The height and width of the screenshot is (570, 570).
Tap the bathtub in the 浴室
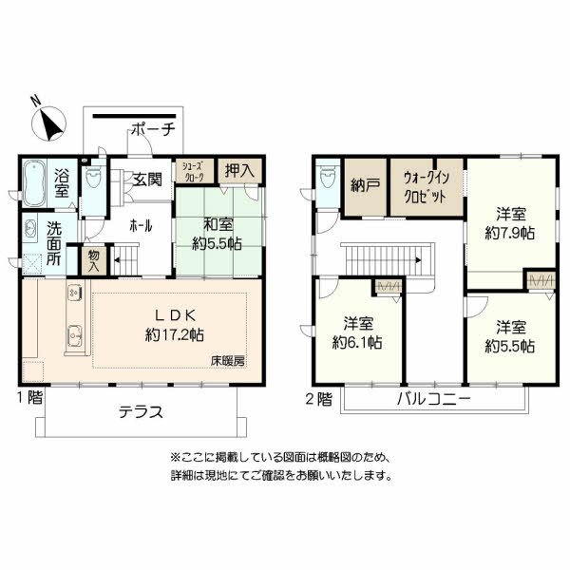[34, 182]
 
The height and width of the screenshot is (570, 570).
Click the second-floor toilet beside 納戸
[328, 178]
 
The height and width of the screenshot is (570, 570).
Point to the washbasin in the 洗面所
[29, 229]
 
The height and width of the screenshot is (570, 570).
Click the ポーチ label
[154, 128]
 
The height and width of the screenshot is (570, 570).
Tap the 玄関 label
[147, 180]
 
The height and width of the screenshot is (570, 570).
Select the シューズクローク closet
[195, 171]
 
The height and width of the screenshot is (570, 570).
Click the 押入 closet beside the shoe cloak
[239, 171]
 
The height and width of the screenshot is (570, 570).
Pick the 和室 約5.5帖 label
[217, 234]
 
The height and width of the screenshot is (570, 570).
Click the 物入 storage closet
[94, 261]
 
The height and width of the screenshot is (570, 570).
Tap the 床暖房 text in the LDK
[228, 361]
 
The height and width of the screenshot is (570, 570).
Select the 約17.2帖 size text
[175, 334]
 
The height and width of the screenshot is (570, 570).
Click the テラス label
[141, 412]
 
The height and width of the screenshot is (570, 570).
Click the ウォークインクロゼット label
[426, 187]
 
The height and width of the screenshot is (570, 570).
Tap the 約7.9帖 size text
[510, 233]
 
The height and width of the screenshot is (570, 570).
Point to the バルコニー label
[434, 399]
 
